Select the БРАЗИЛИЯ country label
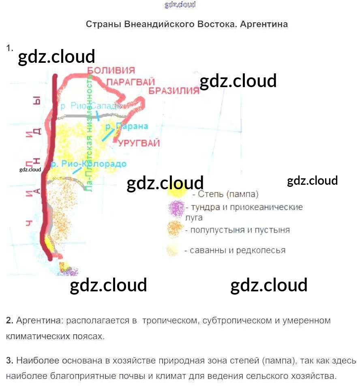174,90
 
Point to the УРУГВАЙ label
139,143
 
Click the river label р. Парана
126,126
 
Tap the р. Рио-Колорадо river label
89,164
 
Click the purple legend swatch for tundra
176,209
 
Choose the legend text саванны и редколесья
235,250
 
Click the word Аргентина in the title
264,24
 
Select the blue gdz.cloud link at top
180,4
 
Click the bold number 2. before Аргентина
10,321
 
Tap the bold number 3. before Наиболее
10,361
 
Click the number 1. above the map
10,48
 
